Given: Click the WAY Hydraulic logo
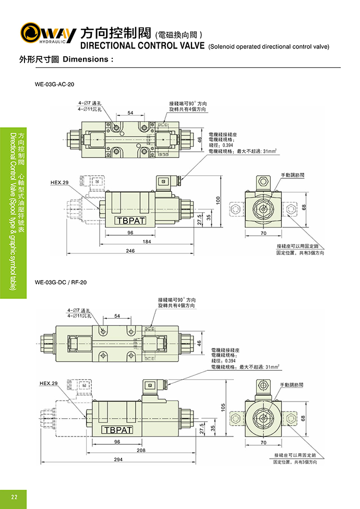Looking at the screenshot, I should coord(47,33).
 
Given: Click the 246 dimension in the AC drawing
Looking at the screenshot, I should coord(130,251).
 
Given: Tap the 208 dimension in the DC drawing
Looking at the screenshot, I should coord(140,450).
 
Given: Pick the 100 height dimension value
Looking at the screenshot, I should coord(219,200).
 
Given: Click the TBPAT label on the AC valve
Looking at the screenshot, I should coord(129,221).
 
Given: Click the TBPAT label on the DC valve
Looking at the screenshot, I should coord(117,430).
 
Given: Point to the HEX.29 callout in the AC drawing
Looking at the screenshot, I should coord(59,183).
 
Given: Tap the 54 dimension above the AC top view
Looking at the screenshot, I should coord(130,113).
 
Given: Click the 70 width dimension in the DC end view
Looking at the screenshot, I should coord(263,442).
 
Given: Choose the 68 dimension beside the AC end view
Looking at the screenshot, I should coord(303,207).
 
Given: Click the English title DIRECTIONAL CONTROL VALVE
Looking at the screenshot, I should coord(142,45).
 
